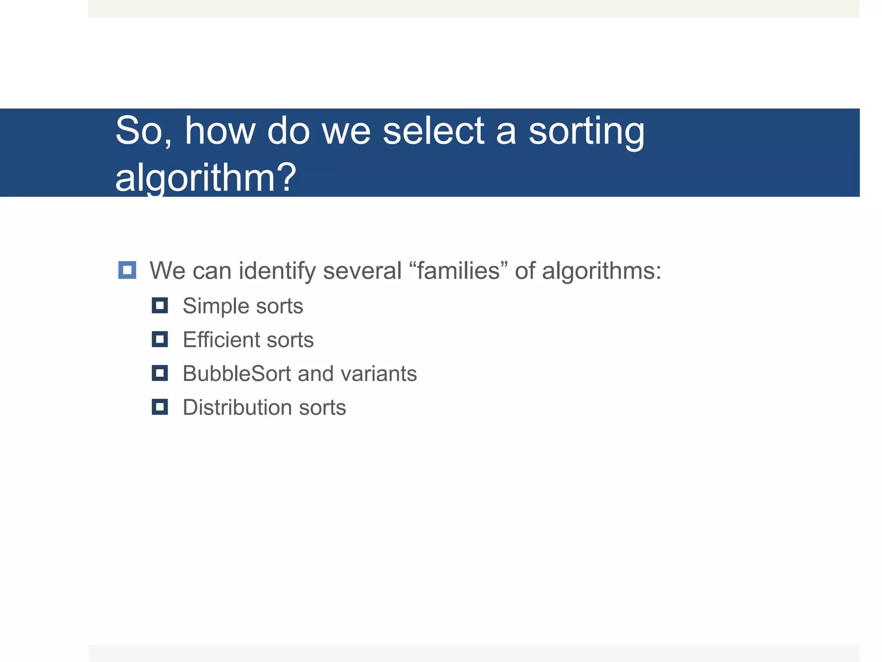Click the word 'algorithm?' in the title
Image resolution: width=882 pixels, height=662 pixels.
click(x=206, y=178)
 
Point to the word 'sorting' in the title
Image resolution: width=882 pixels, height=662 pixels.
click(x=587, y=131)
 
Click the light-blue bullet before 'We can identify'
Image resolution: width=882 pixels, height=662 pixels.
click(x=127, y=270)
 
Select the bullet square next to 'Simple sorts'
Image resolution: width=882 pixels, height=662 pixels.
click(x=160, y=306)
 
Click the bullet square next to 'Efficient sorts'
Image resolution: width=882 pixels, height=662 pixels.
click(x=160, y=339)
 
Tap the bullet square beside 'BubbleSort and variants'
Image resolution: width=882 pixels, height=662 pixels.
click(x=160, y=373)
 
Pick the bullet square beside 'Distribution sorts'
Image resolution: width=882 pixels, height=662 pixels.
click(x=160, y=407)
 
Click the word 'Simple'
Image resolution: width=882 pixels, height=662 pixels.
click(x=216, y=306)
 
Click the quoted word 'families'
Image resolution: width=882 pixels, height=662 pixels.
click(x=458, y=271)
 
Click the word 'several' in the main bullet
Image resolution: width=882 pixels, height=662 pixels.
click(x=362, y=271)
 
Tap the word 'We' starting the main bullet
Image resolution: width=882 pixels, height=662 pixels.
click(x=167, y=271)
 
